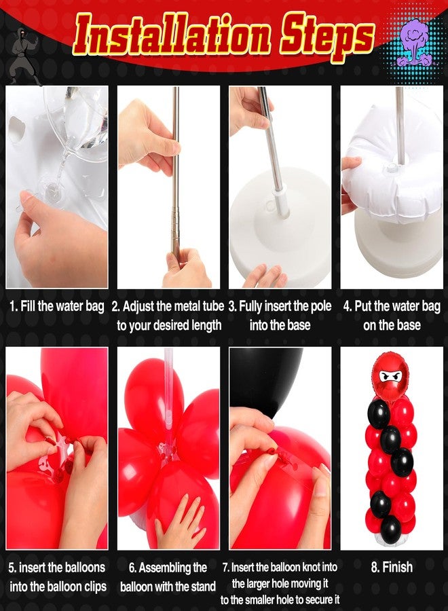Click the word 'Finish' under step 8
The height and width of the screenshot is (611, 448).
396,567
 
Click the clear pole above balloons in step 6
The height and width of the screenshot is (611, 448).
169,387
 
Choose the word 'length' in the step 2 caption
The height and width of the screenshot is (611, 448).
204,326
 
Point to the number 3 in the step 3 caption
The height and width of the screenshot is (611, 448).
232,307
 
